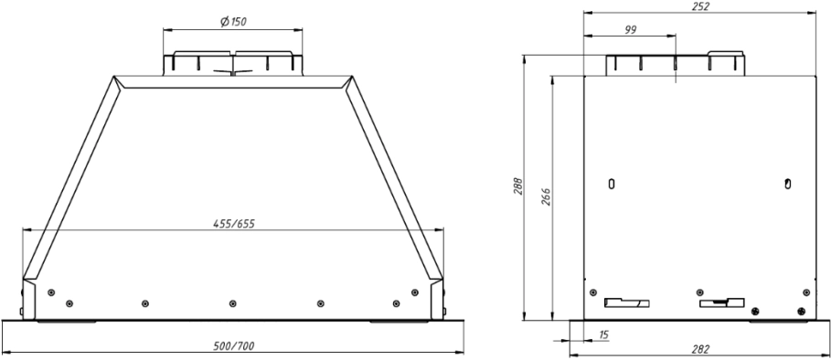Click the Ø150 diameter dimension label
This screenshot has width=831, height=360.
point(233,22)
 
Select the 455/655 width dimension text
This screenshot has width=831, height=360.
point(234,224)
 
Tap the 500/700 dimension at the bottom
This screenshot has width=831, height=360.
point(234,346)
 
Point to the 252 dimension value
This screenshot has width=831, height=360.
point(699,6)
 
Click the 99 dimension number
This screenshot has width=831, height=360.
point(630,29)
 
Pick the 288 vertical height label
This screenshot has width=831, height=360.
point(518,186)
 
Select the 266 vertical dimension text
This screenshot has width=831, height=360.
point(547,197)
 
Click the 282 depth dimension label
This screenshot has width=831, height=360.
point(700,349)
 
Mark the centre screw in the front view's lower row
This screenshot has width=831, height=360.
point(232,303)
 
